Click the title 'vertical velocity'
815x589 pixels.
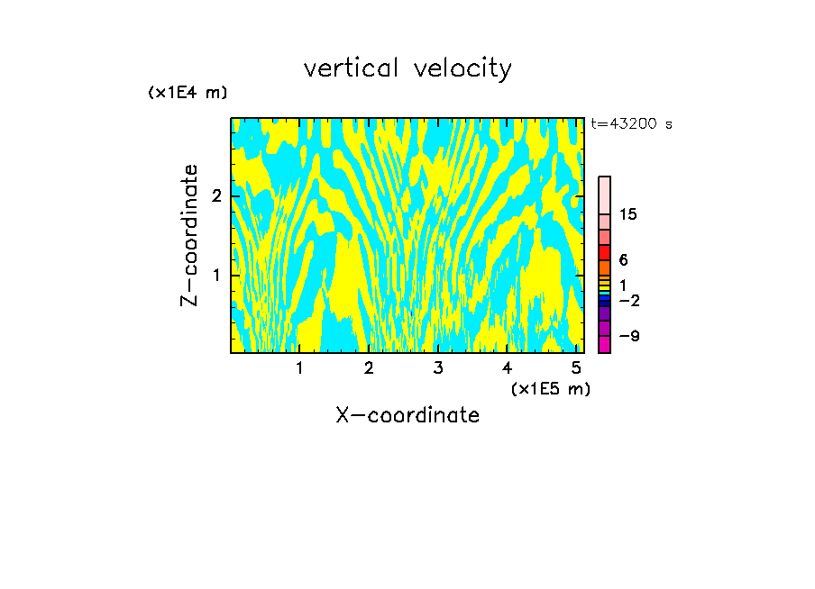tap(407, 68)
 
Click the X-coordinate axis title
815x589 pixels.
tap(407, 415)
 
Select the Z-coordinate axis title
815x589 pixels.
tap(189, 236)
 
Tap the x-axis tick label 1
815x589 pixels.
tap(299, 367)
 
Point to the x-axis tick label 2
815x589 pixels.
tap(369, 367)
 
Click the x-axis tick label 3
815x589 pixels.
tap(438, 367)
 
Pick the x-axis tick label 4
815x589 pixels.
tap(508, 367)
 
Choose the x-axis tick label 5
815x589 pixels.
tap(576, 367)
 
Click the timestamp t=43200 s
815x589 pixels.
tap(631, 124)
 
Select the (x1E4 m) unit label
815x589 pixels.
tap(188, 93)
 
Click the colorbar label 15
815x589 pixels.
tap(628, 214)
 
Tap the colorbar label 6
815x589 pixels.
tap(624, 260)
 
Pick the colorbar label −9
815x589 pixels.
tap(627, 337)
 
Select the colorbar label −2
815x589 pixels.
tap(627, 300)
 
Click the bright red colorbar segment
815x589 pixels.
tap(604, 252)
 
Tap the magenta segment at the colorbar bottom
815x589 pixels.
tap(604, 344)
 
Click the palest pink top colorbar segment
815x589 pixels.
tap(604, 195)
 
